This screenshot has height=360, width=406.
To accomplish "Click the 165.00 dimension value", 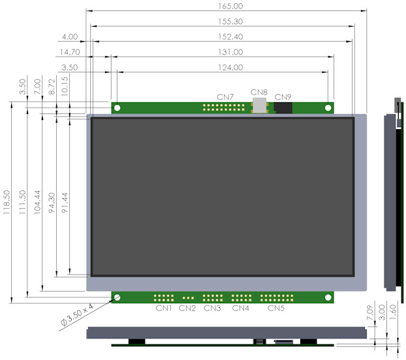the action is pos(230,7).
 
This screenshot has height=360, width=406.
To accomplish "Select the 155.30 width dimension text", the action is pos(230,22).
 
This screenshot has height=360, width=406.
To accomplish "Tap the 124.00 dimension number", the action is pos(230,68).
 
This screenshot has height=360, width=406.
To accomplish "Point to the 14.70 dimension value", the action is pos(70,52).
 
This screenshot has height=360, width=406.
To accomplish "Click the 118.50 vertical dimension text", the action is pos(7,202).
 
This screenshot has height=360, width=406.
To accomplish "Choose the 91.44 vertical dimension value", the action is pos(65,202).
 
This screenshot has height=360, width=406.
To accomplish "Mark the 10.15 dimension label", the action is pos(65,86).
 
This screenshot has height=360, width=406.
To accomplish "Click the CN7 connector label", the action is pos(225,97).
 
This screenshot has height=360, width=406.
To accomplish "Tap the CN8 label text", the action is pos(259,93).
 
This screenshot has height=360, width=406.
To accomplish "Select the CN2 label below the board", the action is pos(187,308).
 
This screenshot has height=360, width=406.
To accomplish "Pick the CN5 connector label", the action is pos(275,308).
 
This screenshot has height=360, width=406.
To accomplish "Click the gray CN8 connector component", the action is pos(259,105).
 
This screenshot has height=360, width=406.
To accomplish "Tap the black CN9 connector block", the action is pos(283,108).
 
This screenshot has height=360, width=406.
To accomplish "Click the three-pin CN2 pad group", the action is pos(188,298).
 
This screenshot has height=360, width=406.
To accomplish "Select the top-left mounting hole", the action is pos(117,108).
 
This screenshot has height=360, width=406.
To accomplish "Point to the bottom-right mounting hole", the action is pos(328,297).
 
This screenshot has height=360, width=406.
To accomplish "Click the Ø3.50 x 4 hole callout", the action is pos(76,315).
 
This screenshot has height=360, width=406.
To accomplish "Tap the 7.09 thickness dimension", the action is pos(370,312).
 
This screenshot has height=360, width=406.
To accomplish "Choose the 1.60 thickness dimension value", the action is pos(393,312).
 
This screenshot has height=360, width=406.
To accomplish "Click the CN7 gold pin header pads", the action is pos(224,108).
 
